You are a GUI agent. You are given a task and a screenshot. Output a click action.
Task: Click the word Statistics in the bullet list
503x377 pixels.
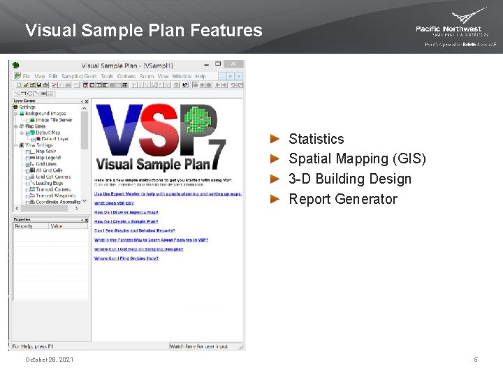(x=316, y=139)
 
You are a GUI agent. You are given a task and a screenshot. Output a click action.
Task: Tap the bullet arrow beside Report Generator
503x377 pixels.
(x=275, y=199)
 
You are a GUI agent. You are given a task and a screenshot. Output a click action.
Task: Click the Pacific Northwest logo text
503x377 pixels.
(x=449, y=29)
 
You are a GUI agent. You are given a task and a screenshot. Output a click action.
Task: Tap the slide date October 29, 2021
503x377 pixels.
(x=49, y=360)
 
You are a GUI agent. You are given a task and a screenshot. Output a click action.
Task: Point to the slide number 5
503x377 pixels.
(x=476, y=360)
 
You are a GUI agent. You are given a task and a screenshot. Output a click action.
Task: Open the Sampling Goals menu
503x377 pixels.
(x=79, y=76)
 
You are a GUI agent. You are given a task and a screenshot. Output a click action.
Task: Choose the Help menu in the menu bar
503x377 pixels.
(x=201, y=76)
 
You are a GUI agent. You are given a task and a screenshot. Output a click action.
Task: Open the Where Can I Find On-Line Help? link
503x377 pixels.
(x=126, y=258)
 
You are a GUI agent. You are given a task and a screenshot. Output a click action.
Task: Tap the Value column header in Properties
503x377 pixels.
(x=57, y=226)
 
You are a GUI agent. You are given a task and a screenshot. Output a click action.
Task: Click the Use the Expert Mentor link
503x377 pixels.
(x=168, y=194)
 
